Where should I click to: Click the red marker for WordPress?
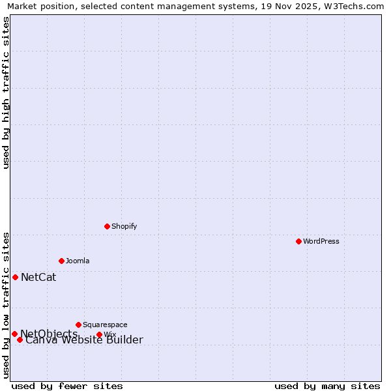298,241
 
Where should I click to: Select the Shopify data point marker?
107,226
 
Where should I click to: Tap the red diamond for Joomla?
61,261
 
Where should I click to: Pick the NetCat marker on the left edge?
15,277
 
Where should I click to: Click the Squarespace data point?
78,325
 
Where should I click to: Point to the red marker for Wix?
99,335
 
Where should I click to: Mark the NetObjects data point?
14,334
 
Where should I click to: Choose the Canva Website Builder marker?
20,340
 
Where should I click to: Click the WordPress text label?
321,241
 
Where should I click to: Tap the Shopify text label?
124,226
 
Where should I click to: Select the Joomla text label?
78,261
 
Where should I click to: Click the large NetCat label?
38,277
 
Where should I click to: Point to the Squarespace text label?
105,325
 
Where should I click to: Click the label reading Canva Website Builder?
84,340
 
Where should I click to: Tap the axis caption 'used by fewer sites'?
67,386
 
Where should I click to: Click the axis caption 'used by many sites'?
327,386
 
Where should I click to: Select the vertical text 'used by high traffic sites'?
6,93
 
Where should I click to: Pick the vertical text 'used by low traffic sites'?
6,304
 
